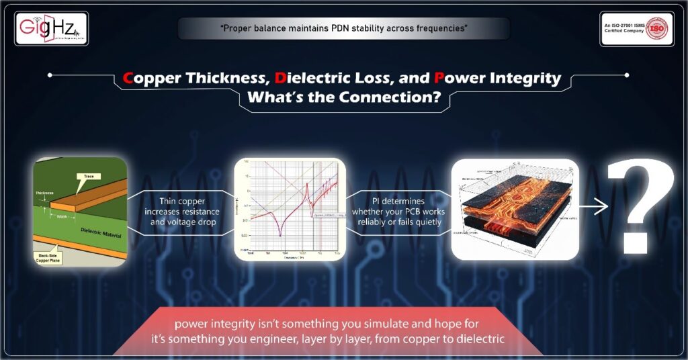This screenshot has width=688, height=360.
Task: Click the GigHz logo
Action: pos(51,29)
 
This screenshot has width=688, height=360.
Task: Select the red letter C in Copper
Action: pos(128,78)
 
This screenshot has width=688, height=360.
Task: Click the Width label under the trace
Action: pos(64,216)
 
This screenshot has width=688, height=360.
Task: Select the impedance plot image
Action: pos(290,209)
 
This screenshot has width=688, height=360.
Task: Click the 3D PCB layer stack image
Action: pos(515,209)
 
